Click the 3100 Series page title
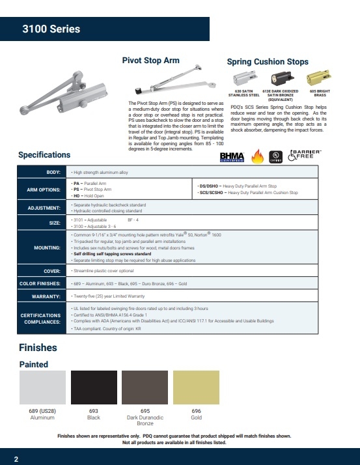(x=51, y=29)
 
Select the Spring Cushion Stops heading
(x=268, y=62)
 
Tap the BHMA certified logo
(x=232, y=157)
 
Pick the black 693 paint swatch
(x=93, y=388)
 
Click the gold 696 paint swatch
(x=196, y=388)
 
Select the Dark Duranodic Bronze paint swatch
(x=145, y=388)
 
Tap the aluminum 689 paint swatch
(x=42, y=388)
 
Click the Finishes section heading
(x=38, y=348)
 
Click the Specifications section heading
(x=44, y=155)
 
